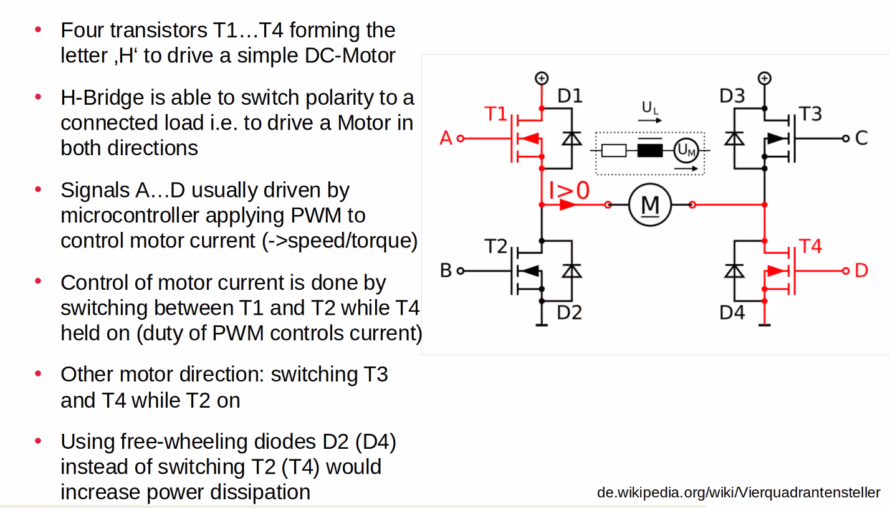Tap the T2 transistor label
[x=497, y=247]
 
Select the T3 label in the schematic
[x=810, y=115]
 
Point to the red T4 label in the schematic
[x=810, y=247]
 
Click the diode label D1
[x=570, y=97]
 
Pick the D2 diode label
[x=570, y=312]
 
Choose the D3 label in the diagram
[x=732, y=97]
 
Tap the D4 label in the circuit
[x=732, y=312]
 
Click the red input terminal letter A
[x=446, y=138]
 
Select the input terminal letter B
[x=446, y=271]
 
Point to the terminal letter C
[x=861, y=138]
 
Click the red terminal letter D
[x=861, y=271]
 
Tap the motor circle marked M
[x=649, y=204]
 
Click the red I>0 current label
[x=568, y=191]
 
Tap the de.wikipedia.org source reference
[x=739, y=492]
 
